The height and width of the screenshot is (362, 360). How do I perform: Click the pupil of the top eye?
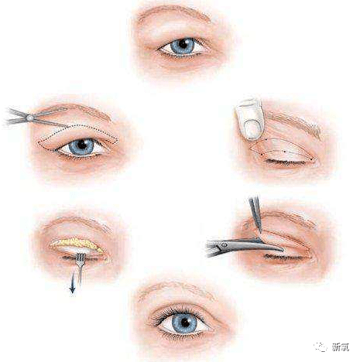coord(183,44)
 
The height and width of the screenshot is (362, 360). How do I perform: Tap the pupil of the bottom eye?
coord(185,323)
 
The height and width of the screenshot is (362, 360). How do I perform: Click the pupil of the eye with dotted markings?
coord(82,145)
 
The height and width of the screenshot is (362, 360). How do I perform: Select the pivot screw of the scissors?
coord(30,118)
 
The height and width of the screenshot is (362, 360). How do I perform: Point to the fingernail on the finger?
coord(252,129)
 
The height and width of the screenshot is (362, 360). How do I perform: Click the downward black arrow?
coord(73,283)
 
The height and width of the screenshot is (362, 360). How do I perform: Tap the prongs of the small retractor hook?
coord(81,257)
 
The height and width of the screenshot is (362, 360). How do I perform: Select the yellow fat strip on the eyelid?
coord(77,244)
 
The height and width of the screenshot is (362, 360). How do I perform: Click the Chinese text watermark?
coord(341,347)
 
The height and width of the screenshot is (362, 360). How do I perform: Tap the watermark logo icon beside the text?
coord(321,347)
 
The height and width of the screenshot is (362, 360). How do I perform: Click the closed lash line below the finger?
coord(286,162)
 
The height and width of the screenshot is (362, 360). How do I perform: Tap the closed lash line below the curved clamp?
coord(284,257)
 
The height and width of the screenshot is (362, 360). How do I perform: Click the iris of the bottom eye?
coord(185,323)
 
